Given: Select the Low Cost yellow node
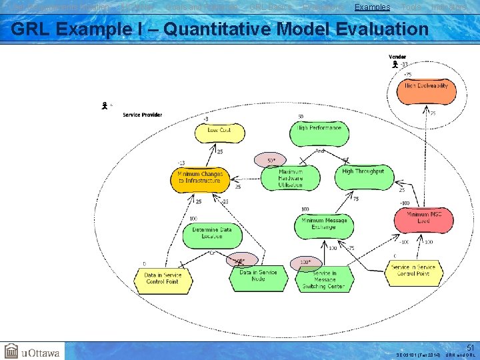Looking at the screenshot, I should [219, 131].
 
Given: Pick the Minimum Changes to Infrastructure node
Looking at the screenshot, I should [199, 177].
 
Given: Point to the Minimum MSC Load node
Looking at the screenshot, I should [423, 219].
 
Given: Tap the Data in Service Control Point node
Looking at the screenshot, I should [163, 279].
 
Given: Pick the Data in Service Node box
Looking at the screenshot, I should [258, 277].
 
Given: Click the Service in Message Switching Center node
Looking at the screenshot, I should [323, 279].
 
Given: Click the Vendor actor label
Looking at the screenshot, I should [397, 57].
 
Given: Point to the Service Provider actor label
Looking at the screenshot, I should [142, 115].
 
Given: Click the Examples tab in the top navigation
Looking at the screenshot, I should [372, 7].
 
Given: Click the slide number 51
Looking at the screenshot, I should [469, 347].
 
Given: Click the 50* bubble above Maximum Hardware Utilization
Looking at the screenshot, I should [270, 161].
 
